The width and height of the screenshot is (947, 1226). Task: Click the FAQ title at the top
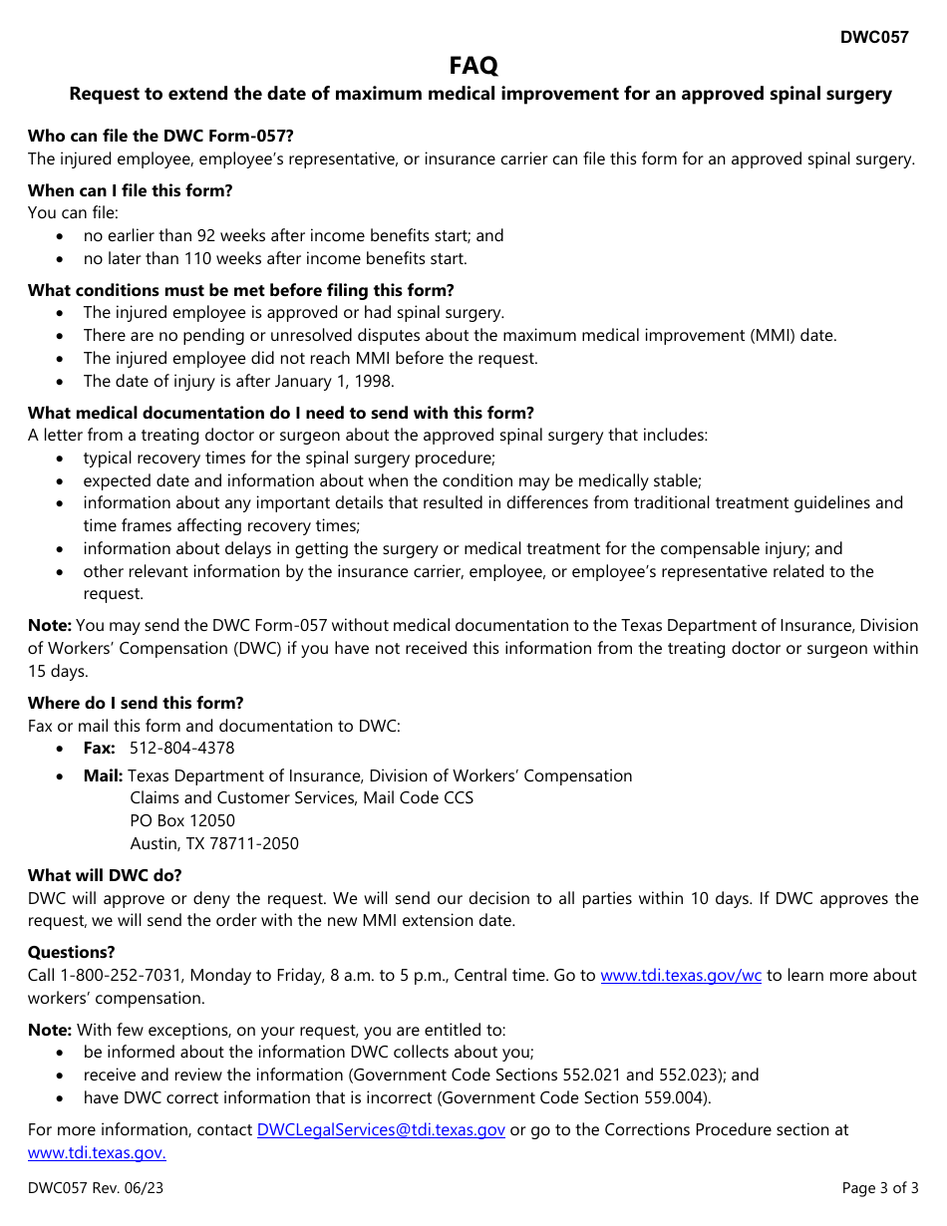(473, 66)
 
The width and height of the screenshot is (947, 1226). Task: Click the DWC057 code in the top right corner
(873, 38)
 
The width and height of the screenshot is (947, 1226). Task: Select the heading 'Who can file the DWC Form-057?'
(160, 136)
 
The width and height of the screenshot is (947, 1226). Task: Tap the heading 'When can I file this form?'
(130, 190)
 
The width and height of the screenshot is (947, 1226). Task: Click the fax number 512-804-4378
(182, 749)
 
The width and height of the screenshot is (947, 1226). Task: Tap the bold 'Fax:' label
(99, 749)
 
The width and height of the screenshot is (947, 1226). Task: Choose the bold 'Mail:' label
(103, 776)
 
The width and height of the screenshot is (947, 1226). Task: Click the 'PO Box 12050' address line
(182, 821)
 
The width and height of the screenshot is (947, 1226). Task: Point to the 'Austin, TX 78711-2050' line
(214, 844)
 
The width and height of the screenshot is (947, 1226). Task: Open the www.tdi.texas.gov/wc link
(681, 976)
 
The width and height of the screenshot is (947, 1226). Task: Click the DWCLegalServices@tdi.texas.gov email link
(381, 1130)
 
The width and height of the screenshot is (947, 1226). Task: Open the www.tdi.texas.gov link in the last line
(97, 1153)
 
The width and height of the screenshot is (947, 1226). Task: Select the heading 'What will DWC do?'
(105, 875)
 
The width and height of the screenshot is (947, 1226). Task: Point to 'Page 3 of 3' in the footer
(880, 1188)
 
